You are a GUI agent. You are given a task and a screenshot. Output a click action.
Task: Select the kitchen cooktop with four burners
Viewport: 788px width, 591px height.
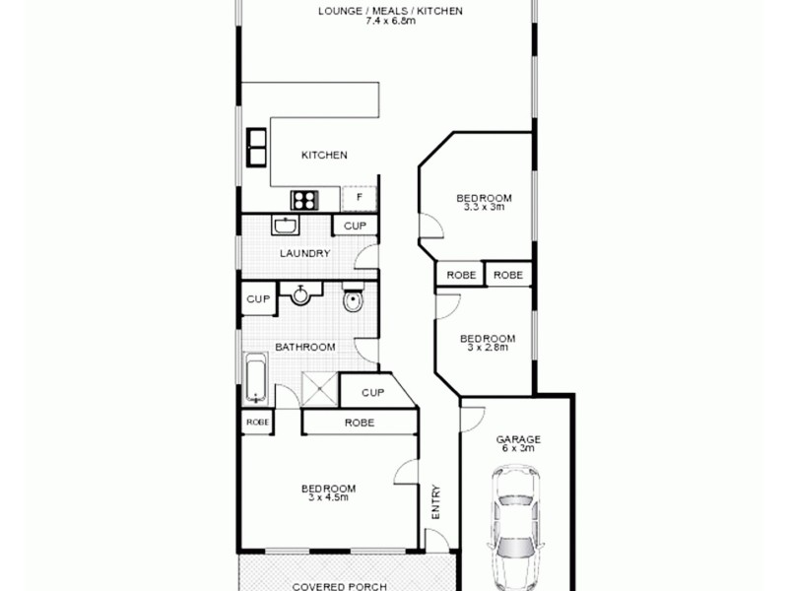coord(303,199)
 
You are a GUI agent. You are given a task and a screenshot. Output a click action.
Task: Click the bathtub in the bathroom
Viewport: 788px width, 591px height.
coord(255,377)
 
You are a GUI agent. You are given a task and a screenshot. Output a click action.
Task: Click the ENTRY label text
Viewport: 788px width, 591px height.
coord(436,504)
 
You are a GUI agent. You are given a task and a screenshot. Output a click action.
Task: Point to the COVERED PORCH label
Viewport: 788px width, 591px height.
coord(338,586)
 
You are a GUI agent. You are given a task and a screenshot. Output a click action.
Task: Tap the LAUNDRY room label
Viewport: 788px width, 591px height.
coord(303,253)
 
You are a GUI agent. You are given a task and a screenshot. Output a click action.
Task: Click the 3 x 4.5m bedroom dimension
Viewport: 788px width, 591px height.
coord(328,497)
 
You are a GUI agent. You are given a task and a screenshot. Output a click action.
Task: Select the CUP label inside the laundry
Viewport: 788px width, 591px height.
coord(355,226)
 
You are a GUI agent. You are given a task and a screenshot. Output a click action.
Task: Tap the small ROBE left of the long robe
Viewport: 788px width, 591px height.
coord(257,422)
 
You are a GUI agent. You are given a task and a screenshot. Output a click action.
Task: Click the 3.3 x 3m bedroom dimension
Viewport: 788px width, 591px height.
coord(484,207)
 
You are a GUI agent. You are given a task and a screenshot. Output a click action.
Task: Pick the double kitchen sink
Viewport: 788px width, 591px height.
coord(256,146)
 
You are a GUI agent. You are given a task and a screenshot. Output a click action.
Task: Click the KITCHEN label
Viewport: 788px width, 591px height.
coord(324,155)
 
